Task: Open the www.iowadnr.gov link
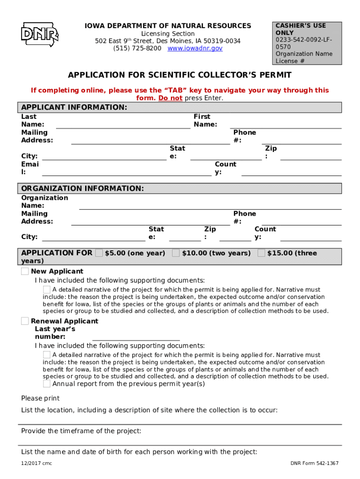(195, 49)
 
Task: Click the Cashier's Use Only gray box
(308, 43)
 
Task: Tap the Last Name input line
(123, 124)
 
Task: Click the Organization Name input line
(210, 206)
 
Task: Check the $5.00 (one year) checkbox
(99, 253)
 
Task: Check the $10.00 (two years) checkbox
(176, 253)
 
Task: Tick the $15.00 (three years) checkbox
(261, 253)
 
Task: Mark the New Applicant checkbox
(25, 271)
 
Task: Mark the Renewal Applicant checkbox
(25, 321)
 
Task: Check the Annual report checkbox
(47, 384)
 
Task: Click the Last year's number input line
(136, 337)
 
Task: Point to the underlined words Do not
(170, 98)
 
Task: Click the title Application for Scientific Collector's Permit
(180, 75)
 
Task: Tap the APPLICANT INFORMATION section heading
(74, 108)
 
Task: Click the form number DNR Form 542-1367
(314, 464)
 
